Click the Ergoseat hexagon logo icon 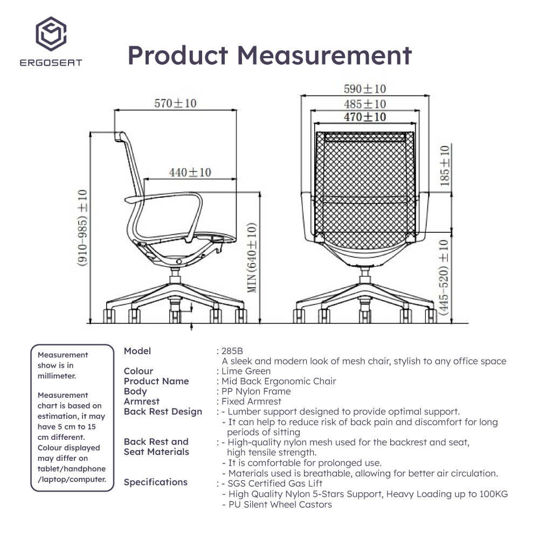tap(51, 33)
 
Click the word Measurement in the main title tap(324, 56)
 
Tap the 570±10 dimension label tap(175, 103)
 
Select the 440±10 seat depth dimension tap(190, 172)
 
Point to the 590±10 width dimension tap(365, 89)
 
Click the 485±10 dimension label tap(365, 104)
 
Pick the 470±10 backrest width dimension tap(365, 117)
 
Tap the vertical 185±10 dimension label tap(445, 165)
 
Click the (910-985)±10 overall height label tap(82, 228)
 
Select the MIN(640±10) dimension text tap(252, 258)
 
